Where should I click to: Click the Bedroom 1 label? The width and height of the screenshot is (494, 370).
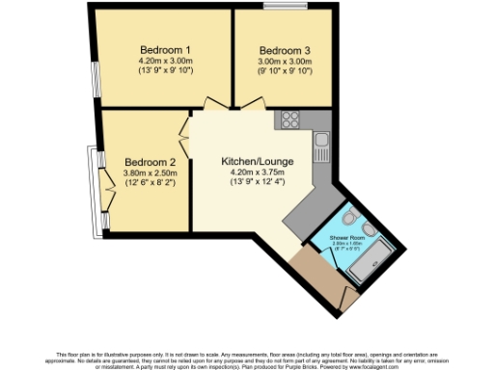tap(165, 50)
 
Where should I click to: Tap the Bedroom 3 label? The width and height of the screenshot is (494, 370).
tap(284, 50)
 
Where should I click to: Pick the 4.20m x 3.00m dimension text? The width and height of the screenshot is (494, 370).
tap(165, 61)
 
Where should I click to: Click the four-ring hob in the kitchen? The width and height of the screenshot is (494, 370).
tap(288, 119)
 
